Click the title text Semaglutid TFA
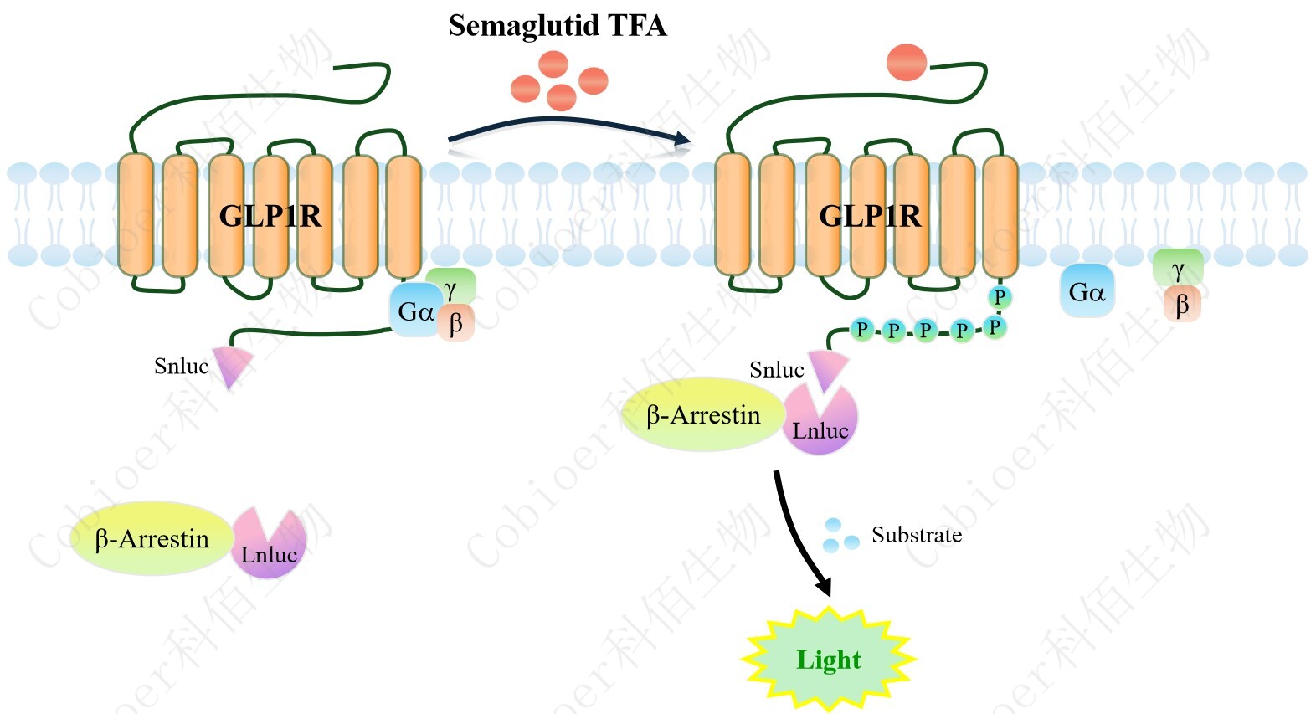(x=557, y=26)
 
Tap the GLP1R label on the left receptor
(x=270, y=216)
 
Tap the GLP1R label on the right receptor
(x=869, y=216)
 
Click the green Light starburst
(x=828, y=660)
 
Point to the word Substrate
(x=917, y=535)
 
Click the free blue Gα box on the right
(x=1087, y=292)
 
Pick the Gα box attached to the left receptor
(x=414, y=312)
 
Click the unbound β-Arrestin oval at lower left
(x=152, y=539)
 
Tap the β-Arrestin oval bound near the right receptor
(x=702, y=415)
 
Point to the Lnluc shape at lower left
(x=269, y=548)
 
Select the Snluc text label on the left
(x=181, y=366)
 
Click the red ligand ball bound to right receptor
(x=906, y=63)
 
